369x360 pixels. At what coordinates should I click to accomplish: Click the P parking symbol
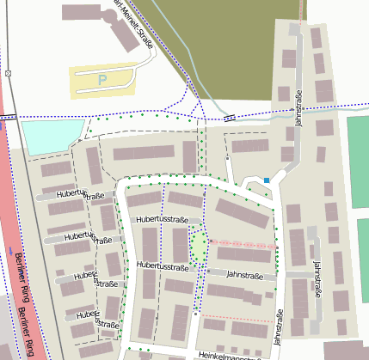click(102, 80)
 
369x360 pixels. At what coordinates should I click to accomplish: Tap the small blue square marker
click(267, 180)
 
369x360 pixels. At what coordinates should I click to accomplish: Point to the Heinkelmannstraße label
click(229, 354)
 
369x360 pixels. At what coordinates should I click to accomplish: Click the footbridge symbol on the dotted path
click(229, 117)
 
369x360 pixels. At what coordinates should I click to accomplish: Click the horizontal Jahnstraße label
click(245, 274)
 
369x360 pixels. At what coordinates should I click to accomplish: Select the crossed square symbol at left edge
click(8, 73)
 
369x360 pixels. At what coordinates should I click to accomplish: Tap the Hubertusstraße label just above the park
click(162, 221)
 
